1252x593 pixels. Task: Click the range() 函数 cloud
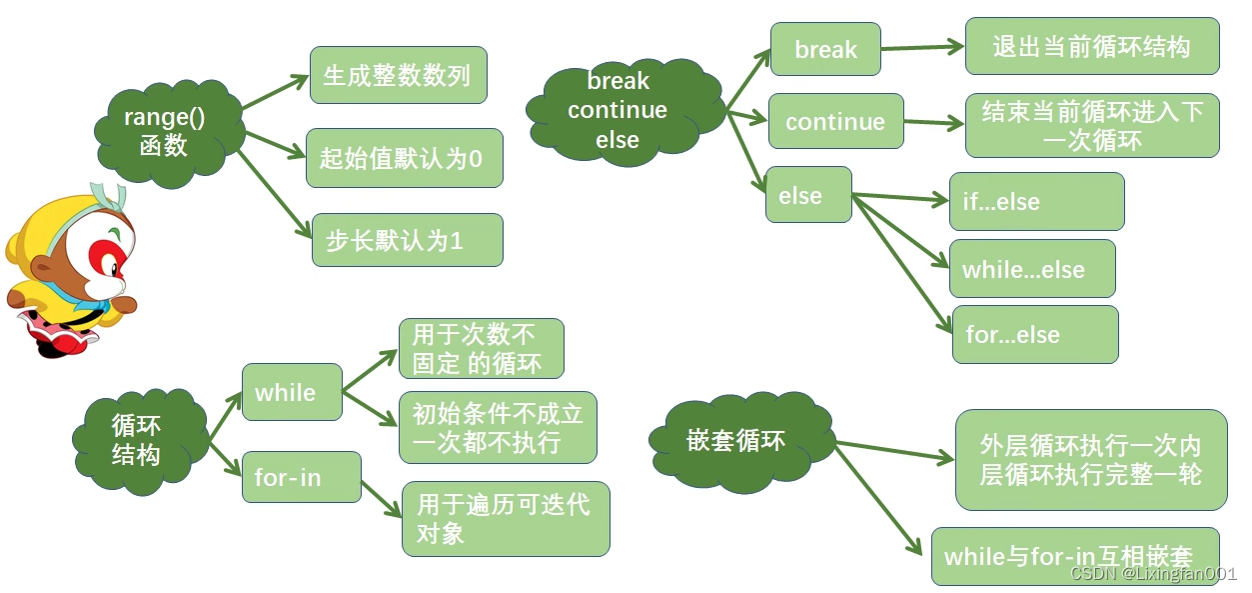tap(165, 132)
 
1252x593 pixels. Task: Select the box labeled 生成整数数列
tap(398, 75)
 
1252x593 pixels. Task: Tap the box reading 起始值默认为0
tap(404, 158)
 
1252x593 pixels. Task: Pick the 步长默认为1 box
tap(407, 240)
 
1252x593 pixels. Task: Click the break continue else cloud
tap(618, 110)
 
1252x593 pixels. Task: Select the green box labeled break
tap(825, 49)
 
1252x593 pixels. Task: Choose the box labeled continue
tap(835, 121)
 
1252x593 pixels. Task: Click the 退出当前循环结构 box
tap(1092, 46)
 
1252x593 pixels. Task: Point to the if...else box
tap(1036, 202)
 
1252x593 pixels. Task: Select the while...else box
tap(1031, 268)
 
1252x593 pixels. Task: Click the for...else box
tap(1033, 334)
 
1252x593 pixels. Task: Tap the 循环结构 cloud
tap(137, 440)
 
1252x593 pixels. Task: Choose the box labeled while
tap(292, 392)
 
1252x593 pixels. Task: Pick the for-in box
tap(300, 477)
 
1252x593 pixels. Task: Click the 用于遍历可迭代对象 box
tap(506, 519)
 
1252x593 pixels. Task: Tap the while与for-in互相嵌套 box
tap(1075, 556)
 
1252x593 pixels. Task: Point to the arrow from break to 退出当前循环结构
tap(921, 47)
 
